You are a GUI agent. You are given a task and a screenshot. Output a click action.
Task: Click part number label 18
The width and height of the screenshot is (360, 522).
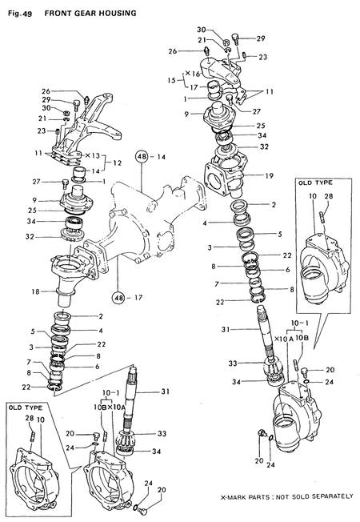[35, 293]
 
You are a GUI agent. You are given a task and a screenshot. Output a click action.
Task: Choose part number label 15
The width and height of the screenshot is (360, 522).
[171, 80]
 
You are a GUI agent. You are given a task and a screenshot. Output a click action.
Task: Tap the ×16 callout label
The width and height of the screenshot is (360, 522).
[191, 73]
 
